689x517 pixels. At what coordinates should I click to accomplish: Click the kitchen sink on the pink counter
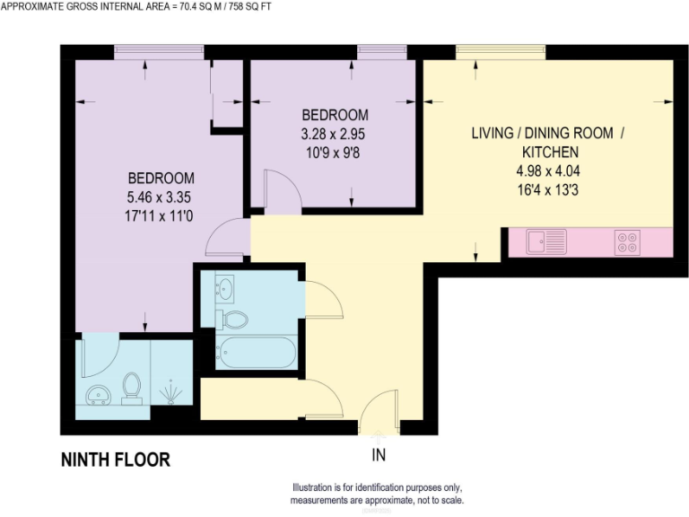coord(546,241)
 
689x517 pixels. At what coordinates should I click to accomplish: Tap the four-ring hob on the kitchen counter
coord(626,241)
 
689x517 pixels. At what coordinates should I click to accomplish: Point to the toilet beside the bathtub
coord(235,318)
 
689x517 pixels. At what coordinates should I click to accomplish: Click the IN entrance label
coord(379,455)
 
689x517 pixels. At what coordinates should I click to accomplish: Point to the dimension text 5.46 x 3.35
coord(161,197)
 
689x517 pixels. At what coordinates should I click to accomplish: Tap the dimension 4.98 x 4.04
coord(546,171)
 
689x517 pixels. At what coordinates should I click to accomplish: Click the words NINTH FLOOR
coord(115,460)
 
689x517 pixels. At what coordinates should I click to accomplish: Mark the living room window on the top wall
coord(500,52)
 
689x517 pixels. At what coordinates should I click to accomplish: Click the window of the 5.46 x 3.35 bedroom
coord(159,52)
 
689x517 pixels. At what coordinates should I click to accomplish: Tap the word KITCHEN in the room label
coord(546,152)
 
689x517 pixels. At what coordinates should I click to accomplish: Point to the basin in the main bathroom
coord(225,289)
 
